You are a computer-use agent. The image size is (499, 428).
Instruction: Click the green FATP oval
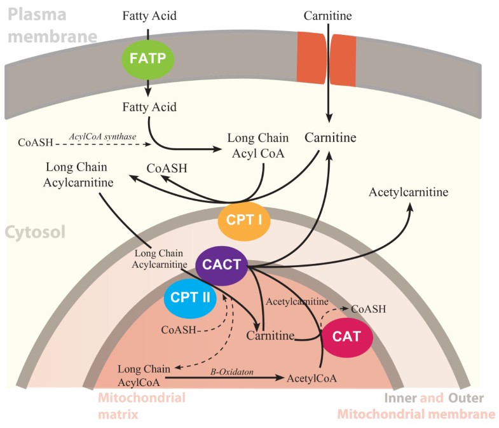click(x=147, y=59)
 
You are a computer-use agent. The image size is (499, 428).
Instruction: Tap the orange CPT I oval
click(x=244, y=221)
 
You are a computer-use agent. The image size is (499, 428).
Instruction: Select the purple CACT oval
click(x=221, y=263)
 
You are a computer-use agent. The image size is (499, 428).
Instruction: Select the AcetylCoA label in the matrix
click(x=311, y=378)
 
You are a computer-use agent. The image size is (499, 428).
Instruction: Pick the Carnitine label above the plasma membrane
click(x=328, y=14)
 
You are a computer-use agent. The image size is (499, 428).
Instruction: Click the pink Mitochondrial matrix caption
click(x=142, y=405)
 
